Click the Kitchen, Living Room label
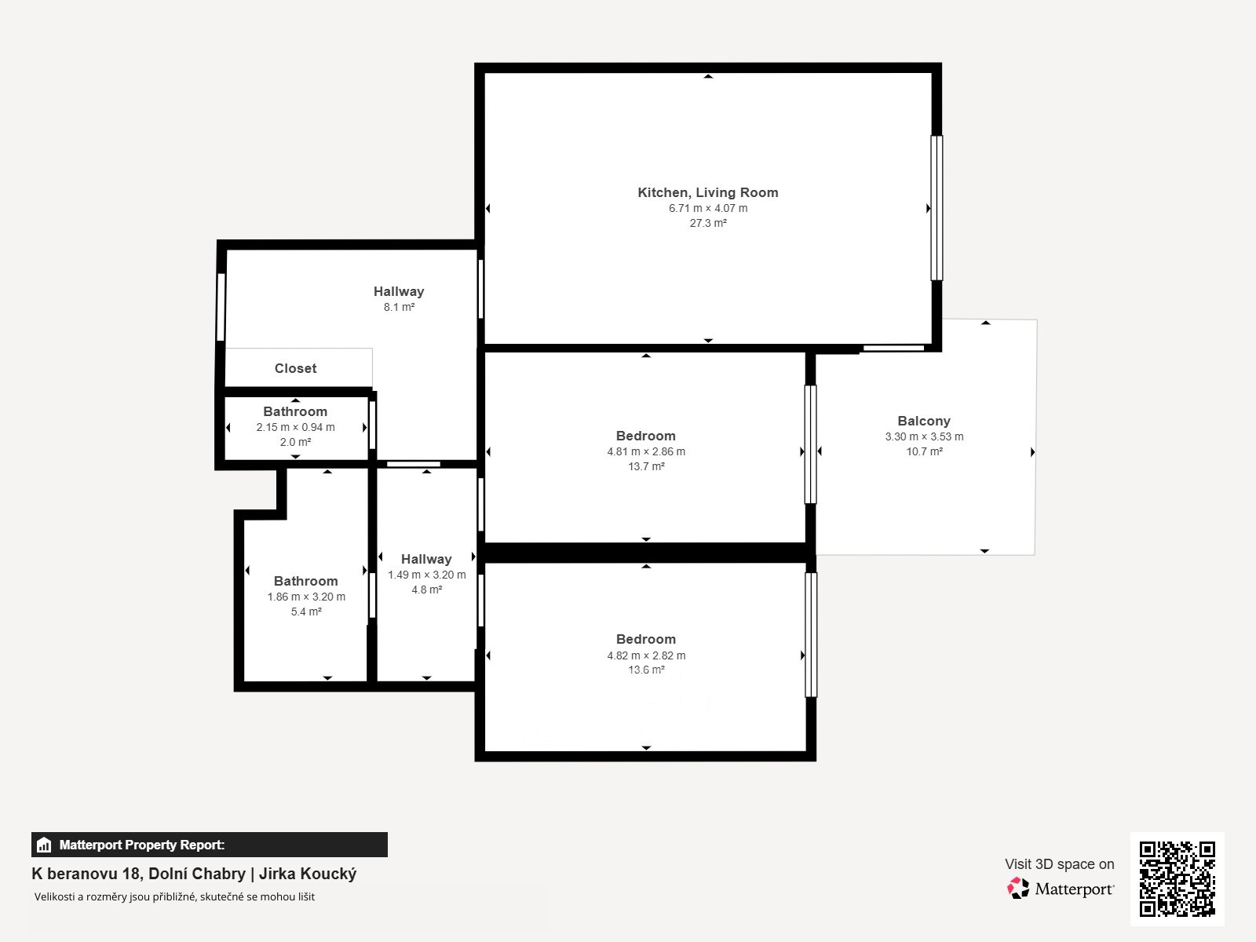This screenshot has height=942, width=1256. click(708, 193)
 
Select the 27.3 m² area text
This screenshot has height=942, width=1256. click(708, 223)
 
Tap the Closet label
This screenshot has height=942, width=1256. click(295, 368)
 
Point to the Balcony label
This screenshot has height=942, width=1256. click(923, 421)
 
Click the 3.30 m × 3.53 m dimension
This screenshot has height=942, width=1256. click(924, 436)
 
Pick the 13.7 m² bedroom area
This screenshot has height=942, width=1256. click(646, 466)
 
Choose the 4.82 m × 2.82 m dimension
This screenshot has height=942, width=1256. click(646, 655)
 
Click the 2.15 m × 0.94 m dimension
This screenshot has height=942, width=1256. click(295, 427)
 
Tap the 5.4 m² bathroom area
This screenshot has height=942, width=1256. click(306, 612)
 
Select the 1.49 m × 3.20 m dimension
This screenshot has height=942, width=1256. click(426, 575)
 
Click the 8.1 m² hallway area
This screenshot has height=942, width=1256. click(399, 307)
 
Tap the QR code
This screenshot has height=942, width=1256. click(1177, 878)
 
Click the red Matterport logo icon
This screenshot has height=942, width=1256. click(1018, 889)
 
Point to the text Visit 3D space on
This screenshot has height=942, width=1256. click(1059, 864)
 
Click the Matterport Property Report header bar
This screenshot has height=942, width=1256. click(210, 845)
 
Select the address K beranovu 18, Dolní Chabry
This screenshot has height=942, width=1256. click(138, 874)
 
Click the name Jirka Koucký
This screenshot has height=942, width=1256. click(307, 874)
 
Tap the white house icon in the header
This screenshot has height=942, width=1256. click(44, 845)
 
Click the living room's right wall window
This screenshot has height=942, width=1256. click(937, 208)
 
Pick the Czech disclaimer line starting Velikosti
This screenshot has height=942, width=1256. click(174, 896)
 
